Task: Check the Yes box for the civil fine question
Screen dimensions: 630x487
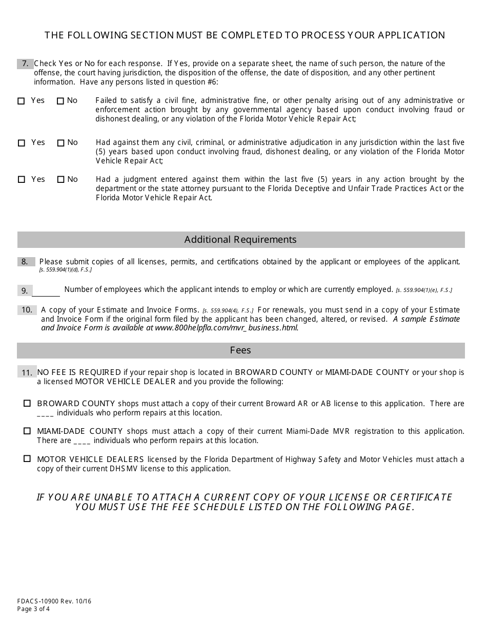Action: click(x=21, y=101)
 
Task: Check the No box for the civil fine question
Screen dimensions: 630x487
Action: click(x=60, y=101)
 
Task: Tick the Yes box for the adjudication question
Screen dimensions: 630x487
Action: click(x=21, y=143)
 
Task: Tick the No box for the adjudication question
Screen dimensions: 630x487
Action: click(x=60, y=143)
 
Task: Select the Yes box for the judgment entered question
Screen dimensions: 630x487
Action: click(x=21, y=180)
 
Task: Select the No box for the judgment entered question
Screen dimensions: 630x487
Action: click(x=60, y=180)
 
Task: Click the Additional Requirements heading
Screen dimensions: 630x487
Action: click(x=240, y=240)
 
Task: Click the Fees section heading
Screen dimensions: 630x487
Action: click(x=240, y=350)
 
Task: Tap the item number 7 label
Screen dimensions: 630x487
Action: click(x=25, y=64)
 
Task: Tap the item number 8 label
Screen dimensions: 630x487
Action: click(x=25, y=262)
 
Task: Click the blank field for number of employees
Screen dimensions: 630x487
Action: click(x=46, y=290)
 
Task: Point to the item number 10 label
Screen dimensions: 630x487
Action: click(x=27, y=310)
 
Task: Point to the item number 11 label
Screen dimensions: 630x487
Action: click(x=27, y=372)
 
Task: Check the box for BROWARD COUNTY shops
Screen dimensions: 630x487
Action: click(x=27, y=404)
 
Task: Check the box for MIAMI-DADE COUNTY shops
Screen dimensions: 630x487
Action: click(x=27, y=431)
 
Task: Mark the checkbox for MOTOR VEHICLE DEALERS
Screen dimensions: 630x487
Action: click(x=27, y=459)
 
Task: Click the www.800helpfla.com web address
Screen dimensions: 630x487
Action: click(x=226, y=328)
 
